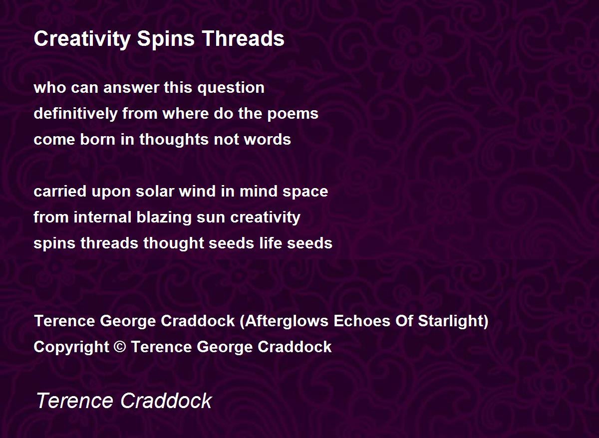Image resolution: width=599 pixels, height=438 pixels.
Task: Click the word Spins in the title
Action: (x=166, y=39)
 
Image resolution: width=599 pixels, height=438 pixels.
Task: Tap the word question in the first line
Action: (x=231, y=88)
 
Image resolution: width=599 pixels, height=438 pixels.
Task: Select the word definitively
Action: (x=76, y=114)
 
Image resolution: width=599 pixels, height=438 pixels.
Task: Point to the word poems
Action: (x=293, y=114)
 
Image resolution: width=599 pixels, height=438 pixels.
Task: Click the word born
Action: (x=98, y=140)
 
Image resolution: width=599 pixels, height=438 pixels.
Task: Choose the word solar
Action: (x=155, y=192)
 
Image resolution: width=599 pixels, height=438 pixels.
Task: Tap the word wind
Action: (x=197, y=192)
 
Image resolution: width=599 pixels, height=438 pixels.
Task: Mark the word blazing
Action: (x=164, y=218)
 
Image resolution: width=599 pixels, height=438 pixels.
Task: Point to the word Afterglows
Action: (x=287, y=321)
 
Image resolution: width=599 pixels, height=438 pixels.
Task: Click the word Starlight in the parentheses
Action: (x=451, y=321)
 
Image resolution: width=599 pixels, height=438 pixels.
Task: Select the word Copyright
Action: (x=71, y=347)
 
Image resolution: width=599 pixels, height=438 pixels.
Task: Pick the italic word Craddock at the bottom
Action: (x=166, y=401)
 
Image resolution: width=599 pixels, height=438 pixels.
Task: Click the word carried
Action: (x=60, y=192)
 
